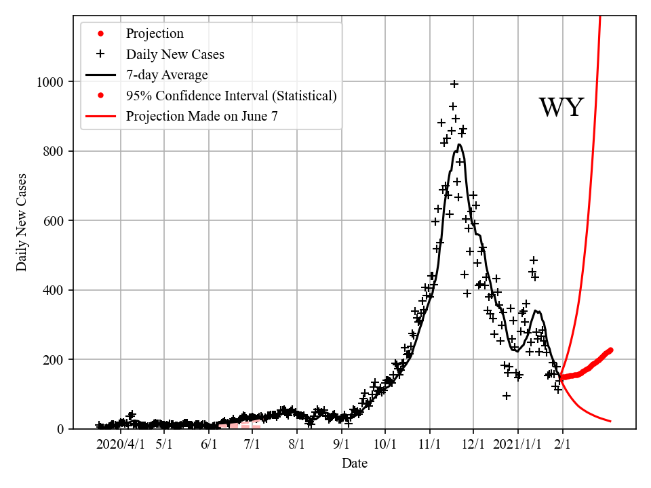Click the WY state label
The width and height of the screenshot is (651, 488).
click(561, 108)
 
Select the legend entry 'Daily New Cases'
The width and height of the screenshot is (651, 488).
click(175, 54)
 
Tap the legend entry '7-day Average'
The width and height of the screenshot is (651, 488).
click(167, 75)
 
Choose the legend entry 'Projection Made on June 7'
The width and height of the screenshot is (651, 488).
click(201, 116)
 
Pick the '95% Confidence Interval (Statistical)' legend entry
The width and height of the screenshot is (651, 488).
click(231, 96)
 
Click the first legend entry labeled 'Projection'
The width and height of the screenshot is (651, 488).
click(155, 33)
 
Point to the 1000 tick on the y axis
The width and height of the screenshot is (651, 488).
click(51, 82)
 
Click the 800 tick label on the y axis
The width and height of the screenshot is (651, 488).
click(54, 151)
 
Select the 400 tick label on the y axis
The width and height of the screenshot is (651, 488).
click(54, 290)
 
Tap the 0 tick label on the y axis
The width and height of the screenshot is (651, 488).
click(60, 429)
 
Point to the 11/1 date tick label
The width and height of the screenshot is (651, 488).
click(429, 445)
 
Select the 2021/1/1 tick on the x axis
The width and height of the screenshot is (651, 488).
click(517, 445)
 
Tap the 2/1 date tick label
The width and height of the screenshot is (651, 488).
click(562, 445)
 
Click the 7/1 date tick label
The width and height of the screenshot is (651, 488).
click(252, 445)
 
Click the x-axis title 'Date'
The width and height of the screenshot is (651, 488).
click(355, 464)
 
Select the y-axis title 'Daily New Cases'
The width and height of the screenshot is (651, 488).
click(22, 222)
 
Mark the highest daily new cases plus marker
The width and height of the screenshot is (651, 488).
click(454, 84)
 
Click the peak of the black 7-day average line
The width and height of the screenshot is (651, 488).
click(459, 144)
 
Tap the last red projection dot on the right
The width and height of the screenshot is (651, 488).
click(610, 350)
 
